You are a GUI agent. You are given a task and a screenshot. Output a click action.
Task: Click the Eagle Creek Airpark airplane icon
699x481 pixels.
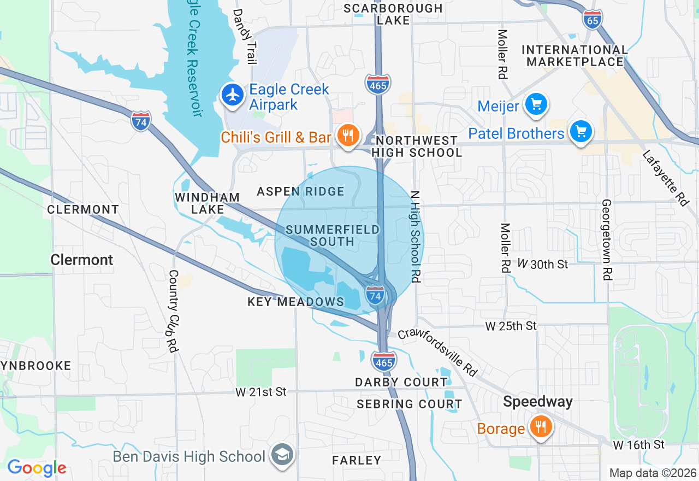(x=233, y=95)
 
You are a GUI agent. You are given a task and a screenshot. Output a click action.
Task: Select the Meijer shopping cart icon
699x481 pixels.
(x=536, y=104)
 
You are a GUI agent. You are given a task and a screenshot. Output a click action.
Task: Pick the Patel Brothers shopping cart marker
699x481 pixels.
(x=580, y=132)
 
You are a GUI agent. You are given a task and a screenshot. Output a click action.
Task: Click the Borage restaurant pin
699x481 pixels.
(x=541, y=427)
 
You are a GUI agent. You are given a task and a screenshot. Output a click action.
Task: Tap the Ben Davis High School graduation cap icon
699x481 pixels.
(x=283, y=455)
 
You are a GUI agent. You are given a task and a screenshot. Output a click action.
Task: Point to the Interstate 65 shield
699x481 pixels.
(x=593, y=20)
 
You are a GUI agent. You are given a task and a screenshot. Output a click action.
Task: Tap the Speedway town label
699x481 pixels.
(x=538, y=402)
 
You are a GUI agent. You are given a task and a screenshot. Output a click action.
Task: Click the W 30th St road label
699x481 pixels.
(x=543, y=264)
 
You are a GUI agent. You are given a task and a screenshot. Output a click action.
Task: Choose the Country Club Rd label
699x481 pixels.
(x=174, y=310)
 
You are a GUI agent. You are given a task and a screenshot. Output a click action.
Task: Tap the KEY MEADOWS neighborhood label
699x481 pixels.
(x=296, y=302)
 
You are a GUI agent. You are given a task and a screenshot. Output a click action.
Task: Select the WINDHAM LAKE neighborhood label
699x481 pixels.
(x=208, y=203)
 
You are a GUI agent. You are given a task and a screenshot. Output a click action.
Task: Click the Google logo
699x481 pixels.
(x=37, y=468)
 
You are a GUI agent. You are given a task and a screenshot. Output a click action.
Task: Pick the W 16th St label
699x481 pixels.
(x=638, y=444)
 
